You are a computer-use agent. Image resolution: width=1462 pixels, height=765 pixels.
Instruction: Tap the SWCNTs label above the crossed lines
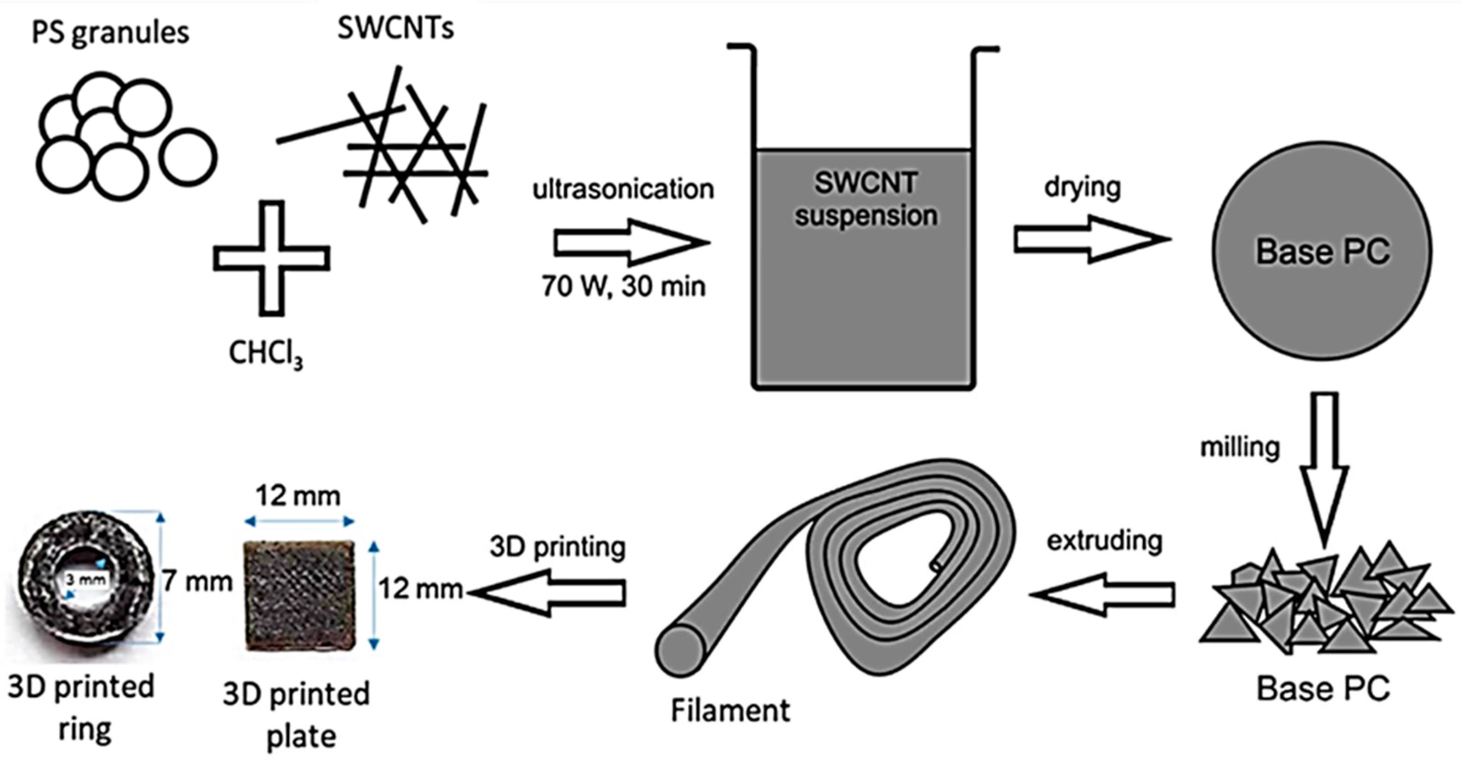click(x=396, y=27)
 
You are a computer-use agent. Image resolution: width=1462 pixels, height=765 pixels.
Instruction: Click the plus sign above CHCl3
click(x=272, y=258)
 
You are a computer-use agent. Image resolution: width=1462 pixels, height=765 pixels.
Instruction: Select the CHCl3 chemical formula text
click(x=265, y=354)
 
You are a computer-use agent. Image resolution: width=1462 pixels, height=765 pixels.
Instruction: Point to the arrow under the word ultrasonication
click(x=630, y=243)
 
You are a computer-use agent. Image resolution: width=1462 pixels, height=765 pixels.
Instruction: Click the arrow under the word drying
click(x=1089, y=238)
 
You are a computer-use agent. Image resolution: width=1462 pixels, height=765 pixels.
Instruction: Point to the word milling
click(x=1239, y=448)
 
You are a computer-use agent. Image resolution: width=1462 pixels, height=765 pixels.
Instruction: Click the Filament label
click(x=730, y=710)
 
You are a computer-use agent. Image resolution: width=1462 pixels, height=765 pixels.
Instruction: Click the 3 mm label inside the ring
click(x=85, y=580)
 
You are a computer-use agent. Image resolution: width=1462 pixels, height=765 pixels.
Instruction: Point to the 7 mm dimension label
click(x=197, y=582)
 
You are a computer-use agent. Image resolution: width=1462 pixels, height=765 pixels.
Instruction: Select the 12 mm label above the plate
click(x=297, y=496)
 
